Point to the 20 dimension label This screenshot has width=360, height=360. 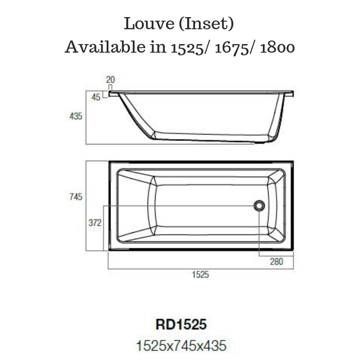110,80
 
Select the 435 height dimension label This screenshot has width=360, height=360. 76,116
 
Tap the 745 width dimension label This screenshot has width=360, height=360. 76,197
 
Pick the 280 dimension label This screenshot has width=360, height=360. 276,262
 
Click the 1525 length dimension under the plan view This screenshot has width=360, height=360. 201,275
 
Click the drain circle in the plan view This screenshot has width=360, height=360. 259,206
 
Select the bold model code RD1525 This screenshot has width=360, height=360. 181,324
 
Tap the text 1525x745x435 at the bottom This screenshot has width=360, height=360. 181,346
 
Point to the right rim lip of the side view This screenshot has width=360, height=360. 290,94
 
